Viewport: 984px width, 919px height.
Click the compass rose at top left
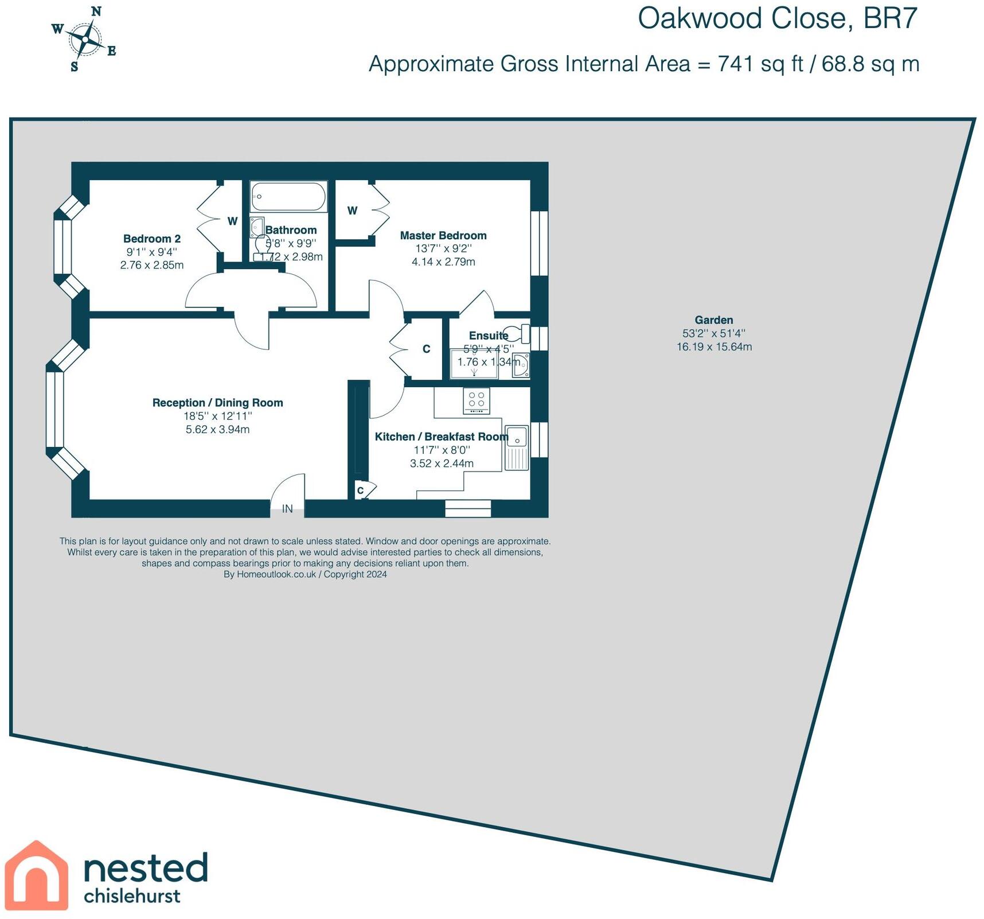84,40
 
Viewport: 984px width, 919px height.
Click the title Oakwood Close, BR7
778,18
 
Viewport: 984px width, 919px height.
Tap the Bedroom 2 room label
152,239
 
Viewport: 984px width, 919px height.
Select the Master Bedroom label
443,235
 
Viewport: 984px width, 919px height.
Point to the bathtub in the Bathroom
288,196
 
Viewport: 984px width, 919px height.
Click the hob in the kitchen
477,400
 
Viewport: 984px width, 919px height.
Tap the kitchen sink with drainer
516,448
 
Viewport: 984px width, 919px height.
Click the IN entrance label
287,509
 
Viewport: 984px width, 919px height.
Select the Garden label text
714,320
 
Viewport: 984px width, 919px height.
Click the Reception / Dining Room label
218,403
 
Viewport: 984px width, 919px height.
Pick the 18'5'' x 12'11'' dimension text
218,416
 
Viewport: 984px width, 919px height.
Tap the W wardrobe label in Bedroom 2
232,221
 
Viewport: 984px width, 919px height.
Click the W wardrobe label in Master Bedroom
353,211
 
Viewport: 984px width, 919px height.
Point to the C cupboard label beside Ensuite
426,349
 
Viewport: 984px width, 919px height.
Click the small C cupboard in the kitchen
361,490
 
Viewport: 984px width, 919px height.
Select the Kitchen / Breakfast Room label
442,437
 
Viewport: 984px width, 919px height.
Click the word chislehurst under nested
132,896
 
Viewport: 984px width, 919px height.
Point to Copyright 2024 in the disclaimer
355,574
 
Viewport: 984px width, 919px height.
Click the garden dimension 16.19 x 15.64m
714,346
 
